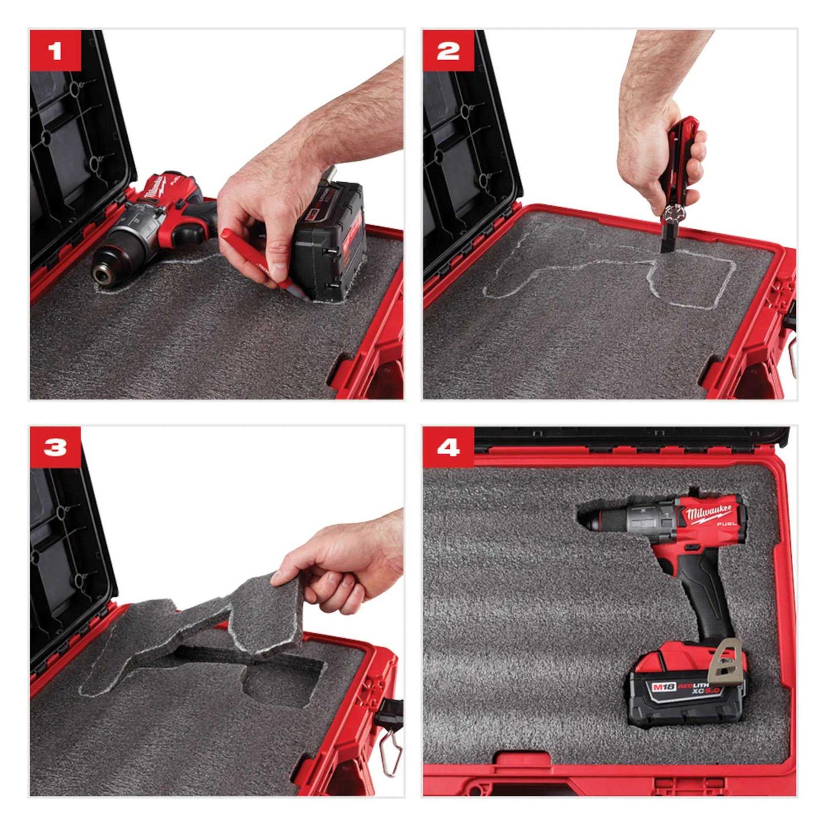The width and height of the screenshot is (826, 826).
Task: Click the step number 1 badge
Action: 55,52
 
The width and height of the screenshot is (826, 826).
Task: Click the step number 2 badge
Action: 448,52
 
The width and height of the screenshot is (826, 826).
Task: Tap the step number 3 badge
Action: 55,448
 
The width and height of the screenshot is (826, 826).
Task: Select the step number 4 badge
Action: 448,448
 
